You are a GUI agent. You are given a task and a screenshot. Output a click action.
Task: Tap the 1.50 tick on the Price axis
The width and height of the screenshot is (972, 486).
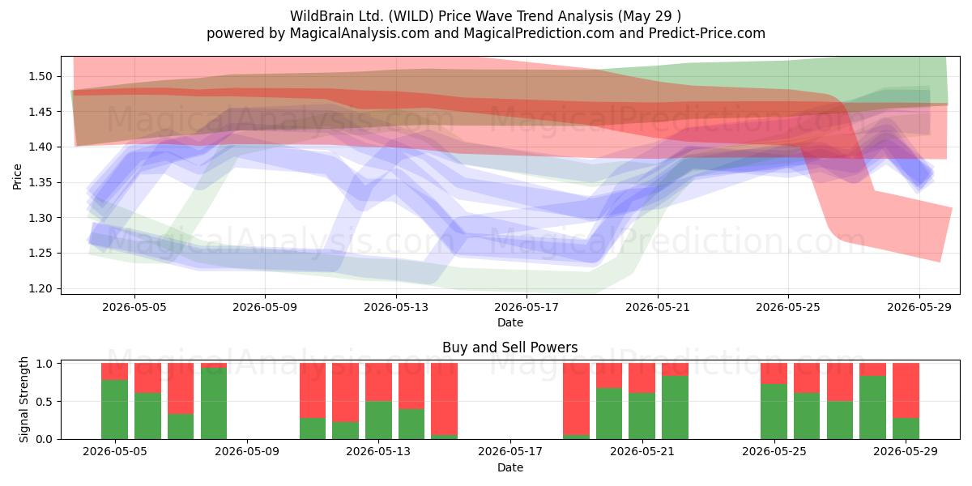pyautogui.click(x=40, y=76)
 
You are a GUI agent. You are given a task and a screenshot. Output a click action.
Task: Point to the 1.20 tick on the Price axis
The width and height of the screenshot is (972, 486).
pyautogui.click(x=40, y=288)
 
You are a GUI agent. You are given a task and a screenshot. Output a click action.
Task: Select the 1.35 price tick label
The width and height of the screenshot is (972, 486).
pyautogui.click(x=40, y=183)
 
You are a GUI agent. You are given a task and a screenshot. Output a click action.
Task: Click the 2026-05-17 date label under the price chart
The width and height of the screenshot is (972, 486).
pyautogui.click(x=526, y=307)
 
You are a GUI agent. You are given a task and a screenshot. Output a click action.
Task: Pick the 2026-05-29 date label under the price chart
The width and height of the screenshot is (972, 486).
pyautogui.click(x=919, y=307)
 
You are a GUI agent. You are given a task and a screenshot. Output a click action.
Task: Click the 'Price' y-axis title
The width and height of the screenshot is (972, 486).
pyautogui.click(x=17, y=177)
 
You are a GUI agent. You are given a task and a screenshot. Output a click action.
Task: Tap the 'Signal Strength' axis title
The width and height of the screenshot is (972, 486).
pyautogui.click(x=23, y=399)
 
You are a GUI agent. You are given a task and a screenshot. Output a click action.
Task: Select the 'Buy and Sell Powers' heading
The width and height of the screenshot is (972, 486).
pyautogui.click(x=509, y=347)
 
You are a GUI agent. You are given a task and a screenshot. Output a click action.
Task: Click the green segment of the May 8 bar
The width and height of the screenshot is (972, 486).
pyautogui.click(x=214, y=403)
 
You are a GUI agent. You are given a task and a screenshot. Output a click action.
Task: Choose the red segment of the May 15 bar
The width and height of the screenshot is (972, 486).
pyautogui.click(x=445, y=399)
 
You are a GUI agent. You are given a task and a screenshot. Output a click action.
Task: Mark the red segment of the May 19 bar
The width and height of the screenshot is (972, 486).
pyautogui.click(x=576, y=399)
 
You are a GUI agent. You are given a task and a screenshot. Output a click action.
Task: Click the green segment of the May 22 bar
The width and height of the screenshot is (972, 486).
pyautogui.click(x=676, y=407)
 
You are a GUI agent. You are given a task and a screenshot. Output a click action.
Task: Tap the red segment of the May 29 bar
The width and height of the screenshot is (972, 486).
pyautogui.click(x=906, y=390)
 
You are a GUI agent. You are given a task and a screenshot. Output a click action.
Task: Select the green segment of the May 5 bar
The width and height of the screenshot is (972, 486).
pyautogui.click(x=114, y=409)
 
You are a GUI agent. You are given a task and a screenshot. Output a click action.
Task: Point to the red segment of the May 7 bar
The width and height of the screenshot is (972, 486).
pyautogui.click(x=181, y=388)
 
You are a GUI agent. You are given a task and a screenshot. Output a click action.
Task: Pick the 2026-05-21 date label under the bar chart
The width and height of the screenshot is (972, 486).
pyautogui.click(x=642, y=452)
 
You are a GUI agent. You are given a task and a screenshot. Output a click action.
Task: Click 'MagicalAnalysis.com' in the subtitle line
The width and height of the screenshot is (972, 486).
pyautogui.click(x=360, y=33)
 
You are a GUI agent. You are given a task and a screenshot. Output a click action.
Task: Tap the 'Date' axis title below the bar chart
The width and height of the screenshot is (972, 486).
pyautogui.click(x=509, y=467)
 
